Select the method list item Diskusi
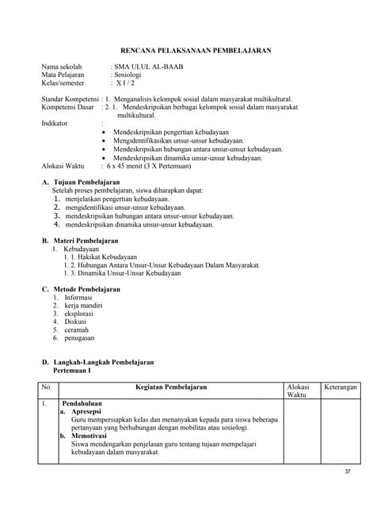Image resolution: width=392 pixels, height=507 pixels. [x=77, y=322]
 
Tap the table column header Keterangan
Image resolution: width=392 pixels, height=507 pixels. [x=341, y=387]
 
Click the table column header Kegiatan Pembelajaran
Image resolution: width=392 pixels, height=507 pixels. [x=171, y=387]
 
